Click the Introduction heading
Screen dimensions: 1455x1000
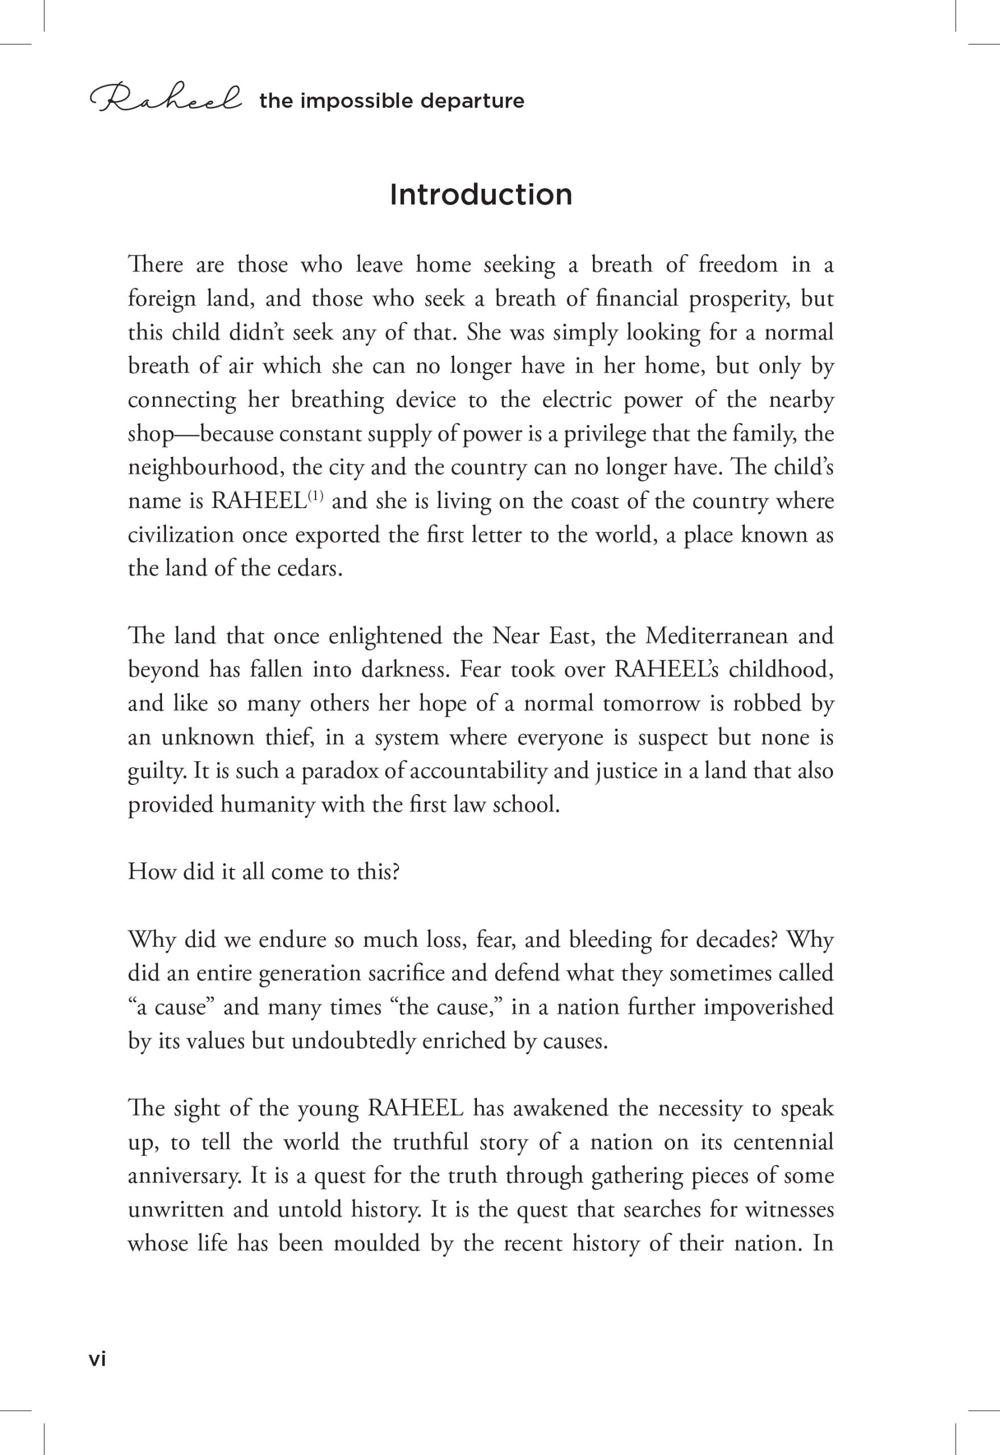pyautogui.click(x=480, y=195)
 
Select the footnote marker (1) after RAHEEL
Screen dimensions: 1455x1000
pyautogui.click(x=314, y=497)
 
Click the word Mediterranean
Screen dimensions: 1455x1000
pyautogui.click(x=716, y=636)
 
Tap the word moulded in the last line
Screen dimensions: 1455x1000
pyautogui.click(x=376, y=1244)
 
